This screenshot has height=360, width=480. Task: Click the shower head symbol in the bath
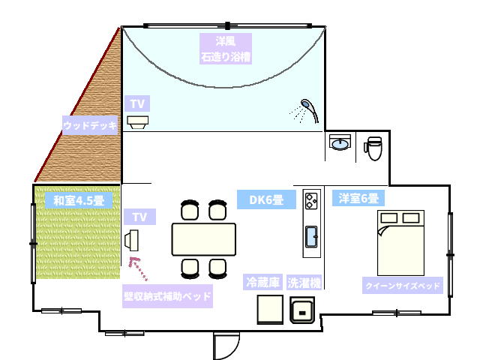click(x=309, y=110)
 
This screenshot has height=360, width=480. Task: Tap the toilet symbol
click(x=373, y=148)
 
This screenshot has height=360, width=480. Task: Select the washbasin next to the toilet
click(x=340, y=142)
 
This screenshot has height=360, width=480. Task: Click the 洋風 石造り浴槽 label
click(x=226, y=49)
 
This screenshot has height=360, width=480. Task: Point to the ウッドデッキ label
click(x=90, y=125)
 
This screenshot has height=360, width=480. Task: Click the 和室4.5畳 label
click(x=79, y=200)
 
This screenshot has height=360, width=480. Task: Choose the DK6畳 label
click(x=266, y=199)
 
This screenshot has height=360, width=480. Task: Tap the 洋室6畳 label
click(x=358, y=198)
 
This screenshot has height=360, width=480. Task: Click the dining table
click(x=204, y=239)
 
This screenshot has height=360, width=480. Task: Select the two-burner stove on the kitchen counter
click(x=311, y=201)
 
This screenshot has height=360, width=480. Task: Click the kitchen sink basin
click(x=312, y=237)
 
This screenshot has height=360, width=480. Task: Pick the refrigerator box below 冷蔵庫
click(x=270, y=309)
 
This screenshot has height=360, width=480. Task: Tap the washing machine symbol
click(x=302, y=310)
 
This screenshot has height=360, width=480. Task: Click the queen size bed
click(x=400, y=243)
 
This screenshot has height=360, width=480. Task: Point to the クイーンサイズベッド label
click(x=403, y=286)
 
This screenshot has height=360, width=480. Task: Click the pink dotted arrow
click(x=138, y=268)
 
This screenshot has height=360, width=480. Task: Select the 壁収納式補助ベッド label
click(x=167, y=296)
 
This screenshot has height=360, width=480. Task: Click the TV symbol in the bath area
click(x=138, y=122)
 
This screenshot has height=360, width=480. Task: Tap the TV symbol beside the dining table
click(x=132, y=240)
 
